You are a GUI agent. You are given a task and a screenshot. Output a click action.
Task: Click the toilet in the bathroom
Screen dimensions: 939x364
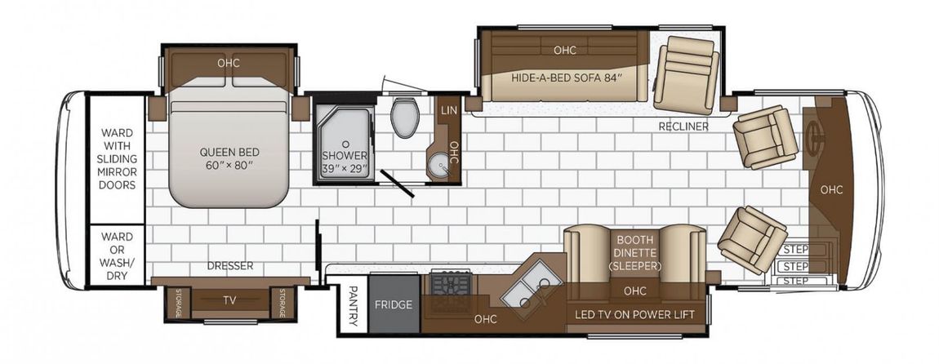tap(405, 118)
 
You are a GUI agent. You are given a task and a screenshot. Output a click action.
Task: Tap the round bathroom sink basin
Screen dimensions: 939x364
tap(442, 163)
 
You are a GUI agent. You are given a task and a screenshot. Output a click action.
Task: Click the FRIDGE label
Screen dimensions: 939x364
tap(394, 304)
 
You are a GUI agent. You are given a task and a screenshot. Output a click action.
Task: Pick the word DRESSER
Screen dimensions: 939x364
tap(230, 266)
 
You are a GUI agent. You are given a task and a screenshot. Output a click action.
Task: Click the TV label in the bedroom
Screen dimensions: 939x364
tap(230, 300)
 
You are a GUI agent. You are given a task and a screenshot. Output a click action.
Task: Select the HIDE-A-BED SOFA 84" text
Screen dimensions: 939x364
tap(563, 78)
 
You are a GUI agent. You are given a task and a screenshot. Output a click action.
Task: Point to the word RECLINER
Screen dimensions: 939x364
tap(683, 127)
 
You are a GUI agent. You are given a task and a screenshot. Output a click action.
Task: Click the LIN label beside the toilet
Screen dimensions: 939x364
tap(448, 110)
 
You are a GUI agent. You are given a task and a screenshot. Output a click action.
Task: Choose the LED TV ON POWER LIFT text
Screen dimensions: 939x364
tap(634, 314)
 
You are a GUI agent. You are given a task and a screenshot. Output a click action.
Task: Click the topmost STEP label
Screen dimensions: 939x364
tap(796, 249)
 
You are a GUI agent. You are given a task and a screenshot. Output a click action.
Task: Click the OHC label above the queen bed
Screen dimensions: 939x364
tap(229, 63)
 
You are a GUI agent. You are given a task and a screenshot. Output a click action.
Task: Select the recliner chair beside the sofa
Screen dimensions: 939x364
tap(686, 74)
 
